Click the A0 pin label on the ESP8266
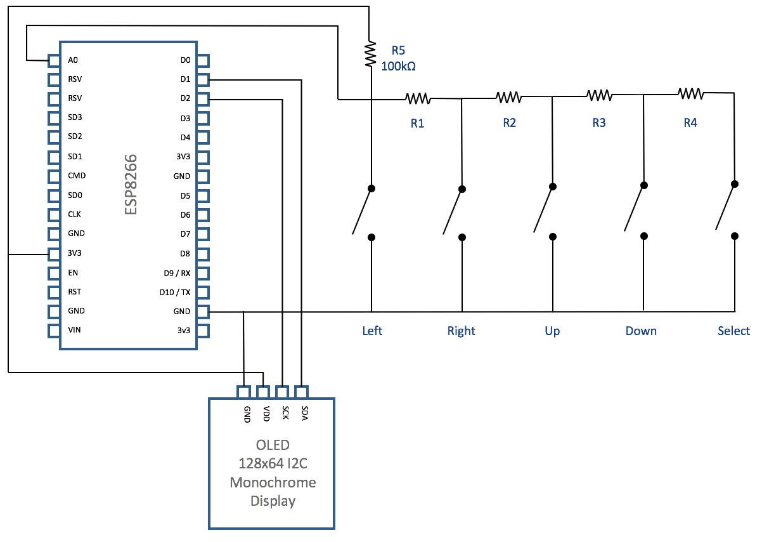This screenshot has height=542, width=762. [x=73, y=60]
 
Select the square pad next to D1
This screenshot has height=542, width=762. [x=203, y=80]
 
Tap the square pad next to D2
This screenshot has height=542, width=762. [x=203, y=99]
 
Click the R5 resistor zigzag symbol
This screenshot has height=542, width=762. [x=370, y=54]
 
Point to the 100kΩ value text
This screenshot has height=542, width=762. [x=398, y=66]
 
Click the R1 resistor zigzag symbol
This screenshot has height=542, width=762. [x=418, y=99]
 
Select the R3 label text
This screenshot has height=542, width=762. [x=599, y=122]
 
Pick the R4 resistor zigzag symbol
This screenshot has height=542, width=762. [x=690, y=94]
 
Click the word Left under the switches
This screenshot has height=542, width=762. [x=372, y=331]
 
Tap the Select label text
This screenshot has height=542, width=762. [x=733, y=331]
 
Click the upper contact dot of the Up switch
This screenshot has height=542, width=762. [x=553, y=187]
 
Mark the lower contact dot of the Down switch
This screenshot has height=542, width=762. [x=644, y=236]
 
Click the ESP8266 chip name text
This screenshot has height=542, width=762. [x=131, y=184]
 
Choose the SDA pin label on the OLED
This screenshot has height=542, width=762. [x=305, y=413]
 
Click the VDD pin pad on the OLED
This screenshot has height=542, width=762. [x=263, y=392]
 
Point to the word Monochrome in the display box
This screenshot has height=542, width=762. [x=273, y=483]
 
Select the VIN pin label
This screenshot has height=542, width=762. [x=74, y=330]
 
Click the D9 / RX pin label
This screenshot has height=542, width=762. [x=177, y=273]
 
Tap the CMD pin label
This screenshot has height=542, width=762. [x=77, y=176]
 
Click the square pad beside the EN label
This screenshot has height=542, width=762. [x=54, y=273]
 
